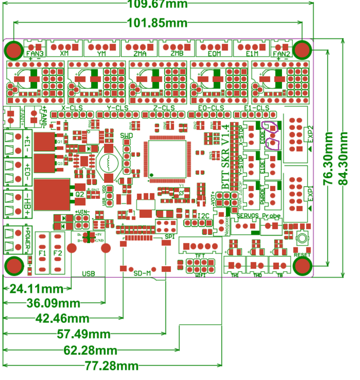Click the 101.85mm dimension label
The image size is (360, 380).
(x=157, y=23)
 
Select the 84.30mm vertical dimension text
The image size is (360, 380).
(x=343, y=158)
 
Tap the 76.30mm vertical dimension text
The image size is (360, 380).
(x=328, y=158)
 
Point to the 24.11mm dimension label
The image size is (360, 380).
(x=36, y=289)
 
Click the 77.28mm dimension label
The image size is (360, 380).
(x=112, y=366)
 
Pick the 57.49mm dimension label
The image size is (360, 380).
(x=83, y=334)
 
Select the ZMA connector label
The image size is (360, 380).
(x=140, y=53)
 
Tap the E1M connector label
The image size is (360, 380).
(x=252, y=53)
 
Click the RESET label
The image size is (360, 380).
(x=302, y=255)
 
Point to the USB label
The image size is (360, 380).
(x=88, y=274)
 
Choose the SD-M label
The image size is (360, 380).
(x=142, y=273)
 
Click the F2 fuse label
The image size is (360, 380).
(x=57, y=253)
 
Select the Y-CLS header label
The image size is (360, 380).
(x=118, y=108)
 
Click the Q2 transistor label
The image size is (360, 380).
(x=80, y=194)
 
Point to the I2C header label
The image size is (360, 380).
(x=203, y=216)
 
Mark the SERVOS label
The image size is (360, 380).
(x=247, y=216)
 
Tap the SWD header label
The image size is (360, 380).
(x=126, y=136)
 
